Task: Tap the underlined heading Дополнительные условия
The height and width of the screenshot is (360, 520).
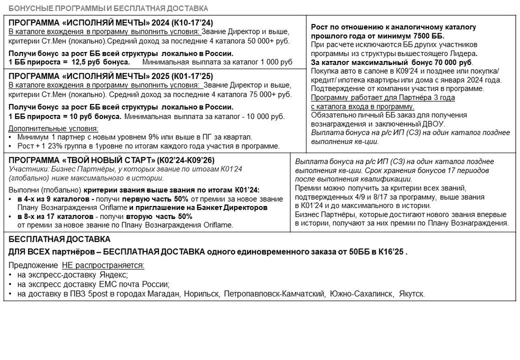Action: coord(53,129)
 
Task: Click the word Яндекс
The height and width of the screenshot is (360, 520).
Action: coord(113,275)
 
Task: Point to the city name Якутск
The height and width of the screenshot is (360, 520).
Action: coord(411,294)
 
